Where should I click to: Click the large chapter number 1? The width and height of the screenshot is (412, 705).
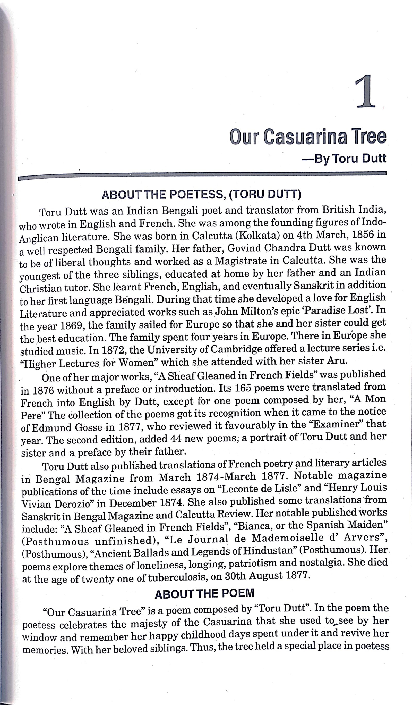(365, 91)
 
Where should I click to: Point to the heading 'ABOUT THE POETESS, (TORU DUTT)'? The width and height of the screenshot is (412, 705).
(201, 195)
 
